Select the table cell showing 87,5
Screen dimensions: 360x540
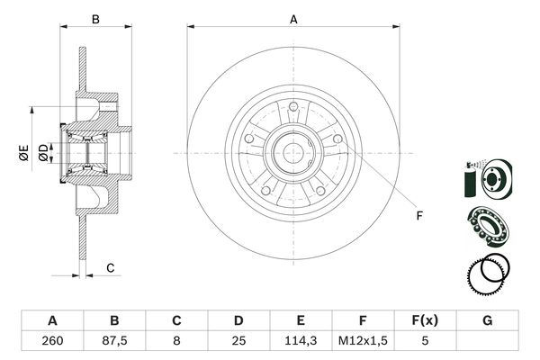click(114, 340)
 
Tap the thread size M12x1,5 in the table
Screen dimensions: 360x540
click(364, 340)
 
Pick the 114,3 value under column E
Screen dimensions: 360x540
click(301, 340)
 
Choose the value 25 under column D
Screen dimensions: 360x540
click(238, 340)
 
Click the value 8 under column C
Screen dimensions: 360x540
click(176, 340)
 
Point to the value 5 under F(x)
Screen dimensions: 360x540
click(426, 340)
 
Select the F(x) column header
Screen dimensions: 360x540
click(426, 319)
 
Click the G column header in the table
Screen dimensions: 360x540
click(488, 319)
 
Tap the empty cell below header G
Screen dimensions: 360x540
click(488, 340)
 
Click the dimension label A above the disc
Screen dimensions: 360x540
click(293, 18)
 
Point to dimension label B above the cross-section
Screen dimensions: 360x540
click(96, 18)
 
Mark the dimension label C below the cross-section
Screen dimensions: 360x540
click(110, 268)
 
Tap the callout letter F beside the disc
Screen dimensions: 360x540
click(418, 214)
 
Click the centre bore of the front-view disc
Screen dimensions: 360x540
click(293, 152)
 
